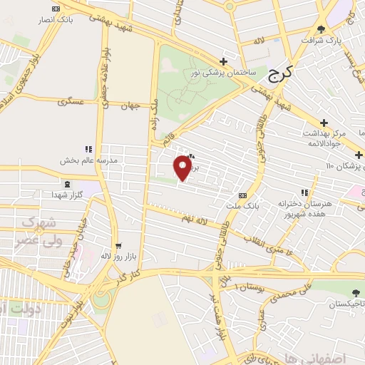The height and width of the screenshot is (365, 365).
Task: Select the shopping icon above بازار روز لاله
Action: pyautogui.click(x=119, y=244)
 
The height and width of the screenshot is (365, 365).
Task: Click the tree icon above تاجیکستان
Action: pyautogui.click(x=356, y=292)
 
